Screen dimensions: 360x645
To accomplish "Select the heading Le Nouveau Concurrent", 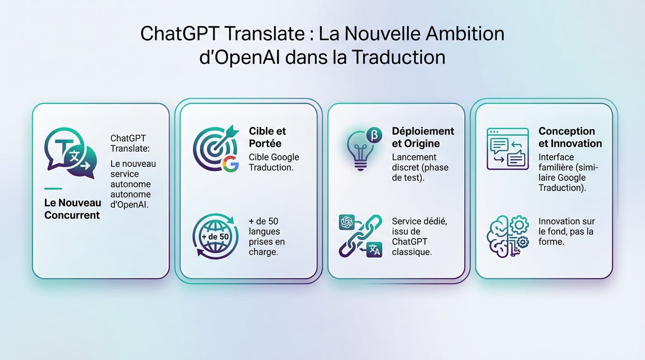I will point(72,209).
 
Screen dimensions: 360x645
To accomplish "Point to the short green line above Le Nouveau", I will point(53,189).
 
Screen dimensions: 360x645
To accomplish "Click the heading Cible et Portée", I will point(267,137).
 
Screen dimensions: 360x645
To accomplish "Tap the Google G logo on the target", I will point(230,164).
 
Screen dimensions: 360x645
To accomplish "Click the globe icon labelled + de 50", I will point(215,237).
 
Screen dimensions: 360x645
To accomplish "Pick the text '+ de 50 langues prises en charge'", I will point(266,237).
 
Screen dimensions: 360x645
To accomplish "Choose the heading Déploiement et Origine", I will point(423,137).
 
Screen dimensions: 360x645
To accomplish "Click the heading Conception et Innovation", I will point(570,137).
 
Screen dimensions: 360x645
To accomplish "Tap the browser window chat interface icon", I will point(507,149).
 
